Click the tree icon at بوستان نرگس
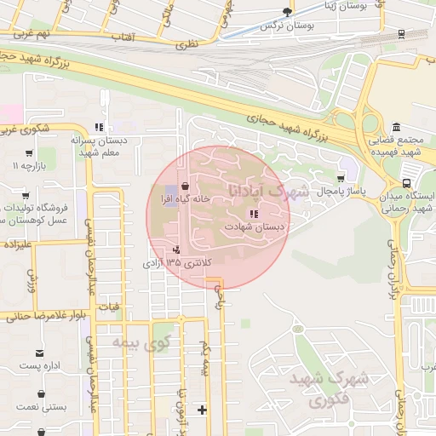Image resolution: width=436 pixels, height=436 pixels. click(x=287, y=12)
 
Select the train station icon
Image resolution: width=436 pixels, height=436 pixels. click(x=401, y=35)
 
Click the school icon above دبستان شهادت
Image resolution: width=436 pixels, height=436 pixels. click(x=253, y=214)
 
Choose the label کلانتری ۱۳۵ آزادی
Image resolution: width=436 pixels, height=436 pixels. click(x=175, y=264)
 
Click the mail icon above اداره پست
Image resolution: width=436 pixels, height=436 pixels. click(x=38, y=353)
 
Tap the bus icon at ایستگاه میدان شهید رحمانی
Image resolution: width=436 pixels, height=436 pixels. click(x=407, y=182)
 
